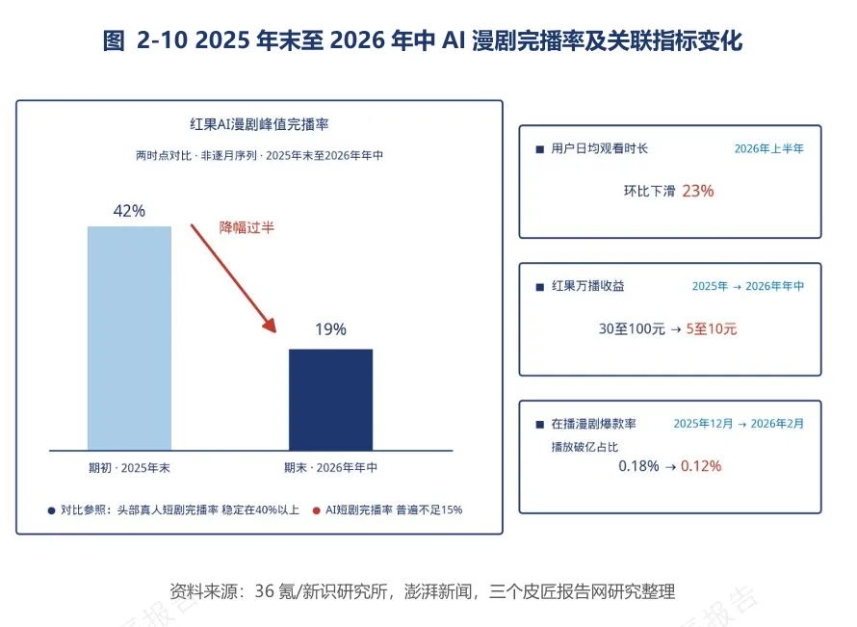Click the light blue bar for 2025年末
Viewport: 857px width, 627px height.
click(130, 338)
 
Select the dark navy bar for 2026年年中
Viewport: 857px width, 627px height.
click(330, 400)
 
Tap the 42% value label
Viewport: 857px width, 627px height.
click(129, 211)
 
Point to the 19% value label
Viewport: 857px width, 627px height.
click(330, 329)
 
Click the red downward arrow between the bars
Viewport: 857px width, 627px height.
click(233, 278)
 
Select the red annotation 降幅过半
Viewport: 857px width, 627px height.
click(247, 227)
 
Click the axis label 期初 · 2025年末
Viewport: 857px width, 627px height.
click(130, 468)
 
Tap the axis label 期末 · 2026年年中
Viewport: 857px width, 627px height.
click(330, 468)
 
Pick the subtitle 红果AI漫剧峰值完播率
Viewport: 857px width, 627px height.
click(259, 124)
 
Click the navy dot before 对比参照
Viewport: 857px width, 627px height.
click(51, 510)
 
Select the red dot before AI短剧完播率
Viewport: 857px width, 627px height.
click(316, 510)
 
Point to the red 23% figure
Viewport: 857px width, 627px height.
click(698, 191)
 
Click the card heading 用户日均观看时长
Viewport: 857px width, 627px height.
click(600, 148)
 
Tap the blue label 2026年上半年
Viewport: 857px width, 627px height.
click(769, 148)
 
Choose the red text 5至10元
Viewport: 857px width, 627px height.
click(712, 328)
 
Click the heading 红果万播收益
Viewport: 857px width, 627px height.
click(588, 286)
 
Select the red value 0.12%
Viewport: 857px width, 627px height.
click(701, 466)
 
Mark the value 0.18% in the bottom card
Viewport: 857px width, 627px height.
click(639, 466)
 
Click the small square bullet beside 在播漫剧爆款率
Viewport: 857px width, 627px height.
click(540, 424)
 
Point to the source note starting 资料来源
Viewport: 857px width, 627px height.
click(423, 591)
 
